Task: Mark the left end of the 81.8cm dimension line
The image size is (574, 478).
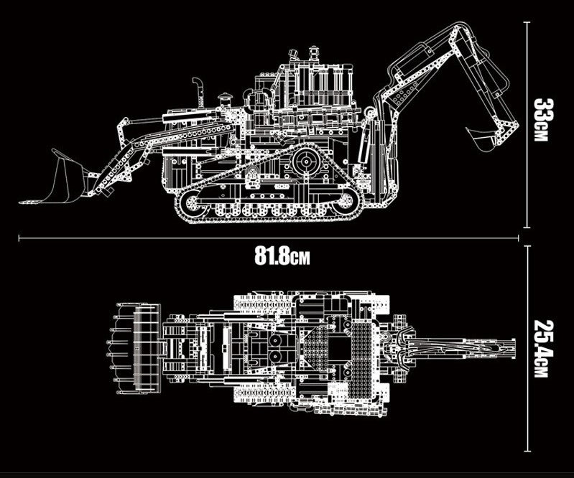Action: pos(19,235)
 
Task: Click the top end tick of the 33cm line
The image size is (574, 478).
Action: pos(528,22)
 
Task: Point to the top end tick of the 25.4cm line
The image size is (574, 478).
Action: pos(528,246)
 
